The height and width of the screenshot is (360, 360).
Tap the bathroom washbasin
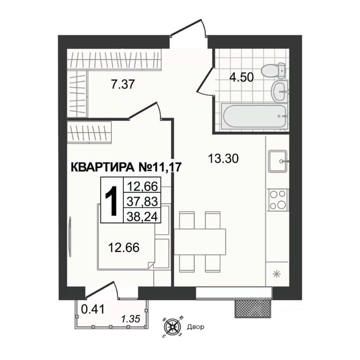280,91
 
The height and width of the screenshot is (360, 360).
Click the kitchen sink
278,161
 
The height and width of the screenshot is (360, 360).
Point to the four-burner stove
278,200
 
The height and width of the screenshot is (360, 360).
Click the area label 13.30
223,159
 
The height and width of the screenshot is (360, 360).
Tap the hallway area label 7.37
122,84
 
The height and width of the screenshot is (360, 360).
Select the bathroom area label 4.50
241,77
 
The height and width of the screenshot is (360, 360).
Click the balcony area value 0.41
93,309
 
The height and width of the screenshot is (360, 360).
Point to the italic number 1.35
131,319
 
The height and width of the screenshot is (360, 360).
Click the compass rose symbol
172,326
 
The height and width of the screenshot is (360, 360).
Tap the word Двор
196,326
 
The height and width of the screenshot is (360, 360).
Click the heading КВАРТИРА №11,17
126,167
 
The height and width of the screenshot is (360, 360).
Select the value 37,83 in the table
143,201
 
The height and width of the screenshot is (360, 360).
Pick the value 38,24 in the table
143,216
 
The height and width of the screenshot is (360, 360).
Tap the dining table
200,241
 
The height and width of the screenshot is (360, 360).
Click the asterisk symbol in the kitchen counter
276,274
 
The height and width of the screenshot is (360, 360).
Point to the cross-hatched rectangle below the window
252,309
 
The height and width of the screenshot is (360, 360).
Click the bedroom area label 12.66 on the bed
124,248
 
